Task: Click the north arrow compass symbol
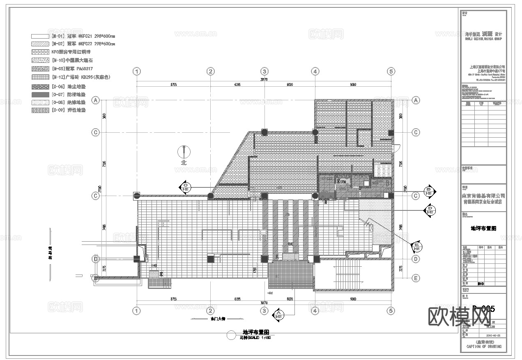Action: (184, 152)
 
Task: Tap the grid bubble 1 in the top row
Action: (137, 72)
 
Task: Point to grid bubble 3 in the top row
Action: (264, 72)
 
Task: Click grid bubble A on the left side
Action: (96, 100)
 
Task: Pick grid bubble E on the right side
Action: (416, 279)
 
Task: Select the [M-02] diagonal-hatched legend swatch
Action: (40, 44)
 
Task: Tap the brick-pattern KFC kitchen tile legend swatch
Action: (40, 52)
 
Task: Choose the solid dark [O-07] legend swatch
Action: (40, 95)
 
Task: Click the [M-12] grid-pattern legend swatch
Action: (40, 77)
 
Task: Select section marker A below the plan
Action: (278, 314)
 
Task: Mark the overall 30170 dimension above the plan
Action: (264, 80)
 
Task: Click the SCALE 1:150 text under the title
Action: (256, 338)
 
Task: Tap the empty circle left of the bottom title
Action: (232, 335)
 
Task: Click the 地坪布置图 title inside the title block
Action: (483, 228)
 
